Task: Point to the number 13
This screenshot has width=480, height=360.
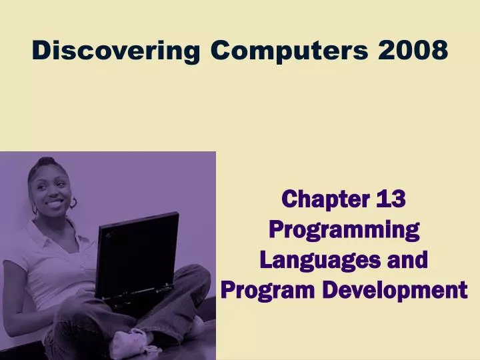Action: coord(391,199)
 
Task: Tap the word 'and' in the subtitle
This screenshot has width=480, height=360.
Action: coord(408,259)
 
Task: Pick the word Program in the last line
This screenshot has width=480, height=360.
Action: coord(268,290)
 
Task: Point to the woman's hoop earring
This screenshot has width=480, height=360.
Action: coord(74,202)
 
